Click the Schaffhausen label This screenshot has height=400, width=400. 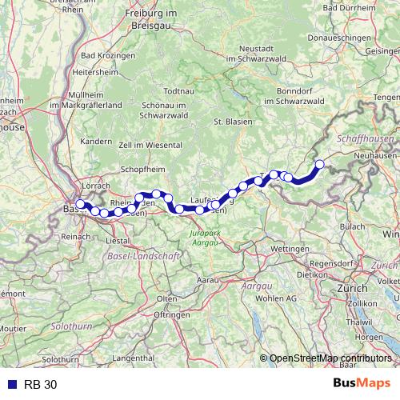(365, 138)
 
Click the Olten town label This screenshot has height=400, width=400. (168, 298)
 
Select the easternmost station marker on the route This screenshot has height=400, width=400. (320, 165)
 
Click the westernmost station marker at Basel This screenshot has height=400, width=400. (80, 204)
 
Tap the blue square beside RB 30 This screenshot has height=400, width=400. (8, 384)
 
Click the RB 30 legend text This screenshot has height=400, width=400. (41, 384)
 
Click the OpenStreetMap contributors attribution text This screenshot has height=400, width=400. (331, 358)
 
